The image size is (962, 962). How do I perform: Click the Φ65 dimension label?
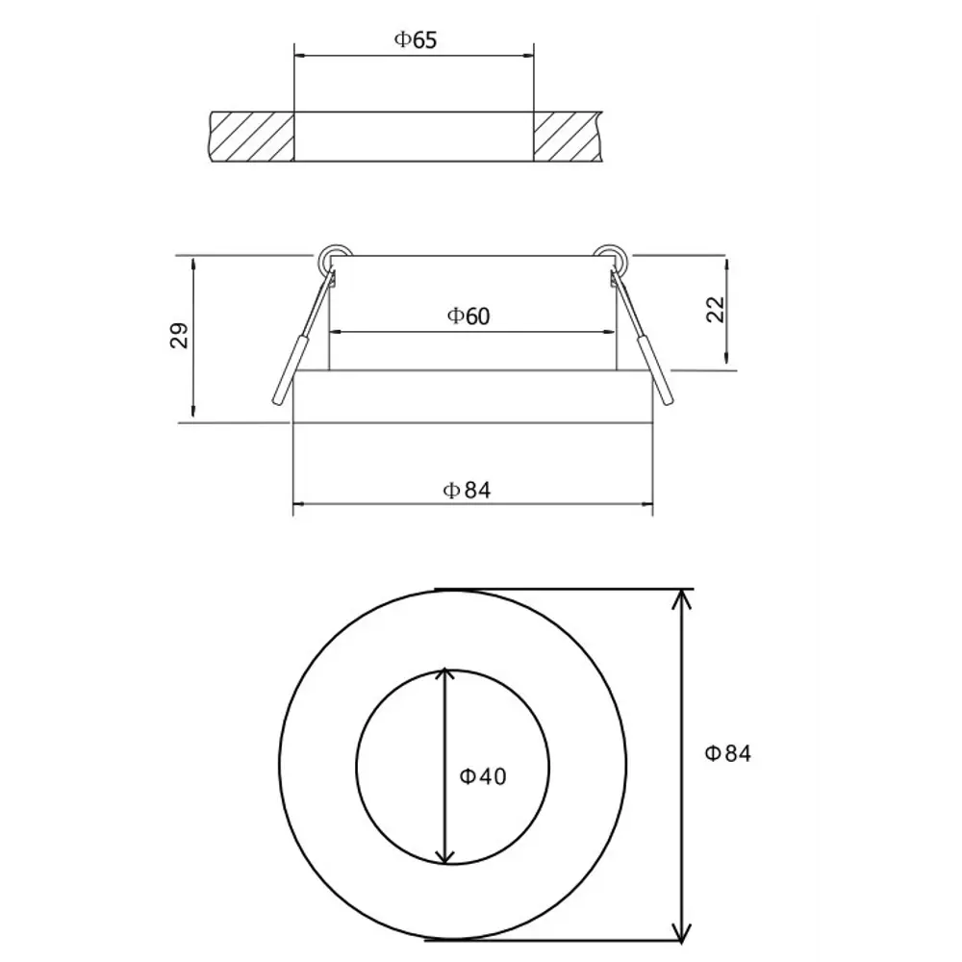tap(416, 39)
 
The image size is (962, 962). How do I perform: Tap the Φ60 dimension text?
tap(468, 316)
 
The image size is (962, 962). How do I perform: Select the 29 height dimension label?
tap(179, 336)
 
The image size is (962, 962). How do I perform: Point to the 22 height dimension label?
tap(716, 309)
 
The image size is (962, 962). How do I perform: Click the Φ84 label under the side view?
tap(467, 491)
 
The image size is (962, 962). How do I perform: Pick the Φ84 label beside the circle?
tap(728, 753)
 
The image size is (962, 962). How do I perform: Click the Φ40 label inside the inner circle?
tap(483, 776)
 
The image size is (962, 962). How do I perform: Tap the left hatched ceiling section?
tap(252, 137)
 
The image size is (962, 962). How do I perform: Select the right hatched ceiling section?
tap(568, 137)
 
